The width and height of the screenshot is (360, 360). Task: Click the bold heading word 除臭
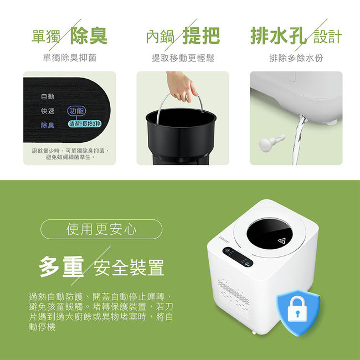click(x=89, y=35)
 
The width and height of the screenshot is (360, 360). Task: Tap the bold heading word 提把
click(x=201, y=35)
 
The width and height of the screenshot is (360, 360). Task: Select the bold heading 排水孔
click(x=279, y=35)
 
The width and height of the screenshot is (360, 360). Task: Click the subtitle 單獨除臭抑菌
click(x=70, y=58)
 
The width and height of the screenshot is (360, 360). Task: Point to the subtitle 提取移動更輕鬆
click(x=183, y=58)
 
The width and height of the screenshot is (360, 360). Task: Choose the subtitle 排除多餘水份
click(x=296, y=58)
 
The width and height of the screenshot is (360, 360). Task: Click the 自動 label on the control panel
click(x=48, y=96)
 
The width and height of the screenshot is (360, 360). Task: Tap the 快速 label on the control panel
click(x=48, y=111)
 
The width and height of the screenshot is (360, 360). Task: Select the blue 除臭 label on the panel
click(x=48, y=125)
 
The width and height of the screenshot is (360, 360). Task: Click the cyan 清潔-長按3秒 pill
click(x=85, y=124)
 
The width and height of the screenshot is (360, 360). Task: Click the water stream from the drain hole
click(x=299, y=140)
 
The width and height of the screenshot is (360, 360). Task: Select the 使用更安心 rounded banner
click(x=101, y=229)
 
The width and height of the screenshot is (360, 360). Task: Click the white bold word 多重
click(x=61, y=266)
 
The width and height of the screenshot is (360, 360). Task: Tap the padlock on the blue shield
click(x=297, y=309)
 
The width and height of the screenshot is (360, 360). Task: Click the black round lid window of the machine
click(x=270, y=234)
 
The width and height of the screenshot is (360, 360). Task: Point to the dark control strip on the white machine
click(x=238, y=257)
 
